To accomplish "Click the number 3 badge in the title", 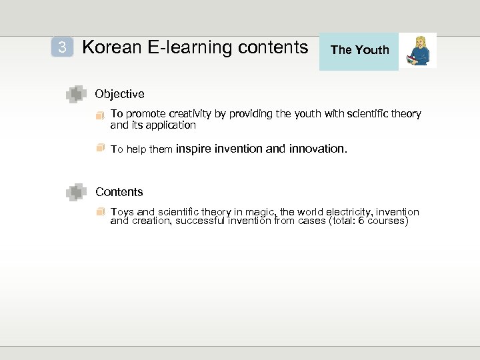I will click(x=62, y=47).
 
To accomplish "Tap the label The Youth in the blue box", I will click(x=359, y=50).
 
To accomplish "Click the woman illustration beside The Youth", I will click(x=419, y=51).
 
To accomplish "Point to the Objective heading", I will click(x=119, y=94).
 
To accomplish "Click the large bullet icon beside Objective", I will click(x=76, y=95).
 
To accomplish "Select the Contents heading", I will click(x=119, y=192).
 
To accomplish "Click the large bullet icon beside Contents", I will click(x=76, y=193).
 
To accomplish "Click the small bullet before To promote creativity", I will click(x=100, y=115).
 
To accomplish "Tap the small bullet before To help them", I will click(x=100, y=148).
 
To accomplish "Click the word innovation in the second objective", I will click(x=317, y=149).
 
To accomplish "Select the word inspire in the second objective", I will click(x=193, y=149).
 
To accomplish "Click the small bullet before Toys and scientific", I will click(x=100, y=212).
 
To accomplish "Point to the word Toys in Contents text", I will click(x=122, y=212).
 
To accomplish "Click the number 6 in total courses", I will click(x=361, y=221).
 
